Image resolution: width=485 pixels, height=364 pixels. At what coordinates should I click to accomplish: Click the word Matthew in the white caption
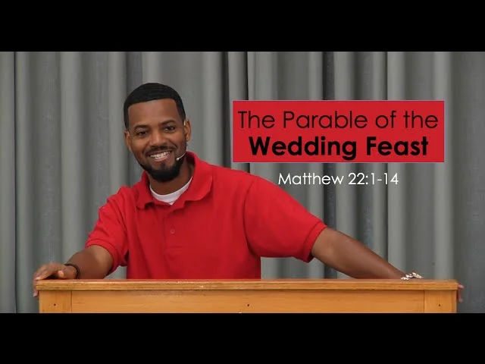point(311,179)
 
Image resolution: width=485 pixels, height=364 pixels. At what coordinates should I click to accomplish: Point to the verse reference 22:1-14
point(374,179)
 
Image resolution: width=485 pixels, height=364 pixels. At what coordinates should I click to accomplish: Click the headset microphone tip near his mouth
point(178,159)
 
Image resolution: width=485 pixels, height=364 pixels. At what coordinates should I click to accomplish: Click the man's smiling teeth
point(160,155)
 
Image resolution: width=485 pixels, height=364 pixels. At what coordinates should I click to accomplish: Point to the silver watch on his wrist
point(411,276)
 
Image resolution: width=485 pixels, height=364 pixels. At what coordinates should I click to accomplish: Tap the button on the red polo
point(172,231)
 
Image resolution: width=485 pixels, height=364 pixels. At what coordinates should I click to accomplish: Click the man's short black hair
point(154,96)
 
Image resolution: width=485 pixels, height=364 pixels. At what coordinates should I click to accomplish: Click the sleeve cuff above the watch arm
point(315,244)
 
